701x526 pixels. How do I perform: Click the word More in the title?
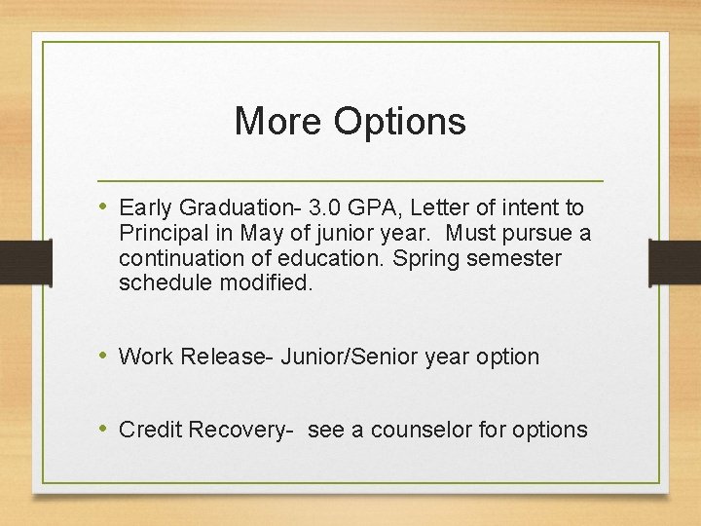[278, 122]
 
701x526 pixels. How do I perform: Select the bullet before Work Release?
[104, 357]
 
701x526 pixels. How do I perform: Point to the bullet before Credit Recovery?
[104, 429]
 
